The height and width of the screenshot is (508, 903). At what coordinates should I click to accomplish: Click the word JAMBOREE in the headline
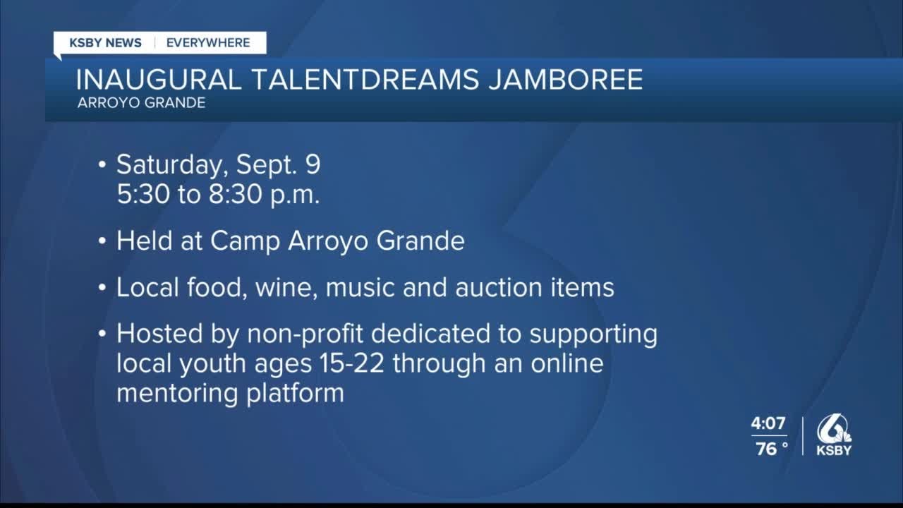(x=566, y=80)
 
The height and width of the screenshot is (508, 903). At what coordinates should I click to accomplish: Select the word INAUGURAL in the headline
(x=159, y=80)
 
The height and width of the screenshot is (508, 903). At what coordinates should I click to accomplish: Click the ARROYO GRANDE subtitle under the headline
(x=142, y=103)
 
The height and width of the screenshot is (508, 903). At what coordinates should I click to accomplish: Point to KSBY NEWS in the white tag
(x=106, y=43)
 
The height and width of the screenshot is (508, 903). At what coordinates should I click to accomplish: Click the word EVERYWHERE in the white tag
(x=208, y=43)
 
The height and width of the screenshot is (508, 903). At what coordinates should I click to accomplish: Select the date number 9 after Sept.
(x=313, y=164)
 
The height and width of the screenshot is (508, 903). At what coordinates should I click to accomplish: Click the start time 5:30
(x=143, y=194)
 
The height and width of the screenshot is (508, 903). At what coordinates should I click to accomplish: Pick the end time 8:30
(x=235, y=194)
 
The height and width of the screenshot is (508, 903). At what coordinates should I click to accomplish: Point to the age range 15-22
(x=351, y=363)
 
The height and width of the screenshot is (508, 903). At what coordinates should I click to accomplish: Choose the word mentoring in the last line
(x=177, y=394)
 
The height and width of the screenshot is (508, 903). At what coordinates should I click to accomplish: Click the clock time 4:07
(x=768, y=423)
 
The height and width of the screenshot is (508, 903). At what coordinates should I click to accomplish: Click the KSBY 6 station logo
(x=834, y=435)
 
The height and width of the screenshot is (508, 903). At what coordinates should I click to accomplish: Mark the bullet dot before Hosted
(x=102, y=334)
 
